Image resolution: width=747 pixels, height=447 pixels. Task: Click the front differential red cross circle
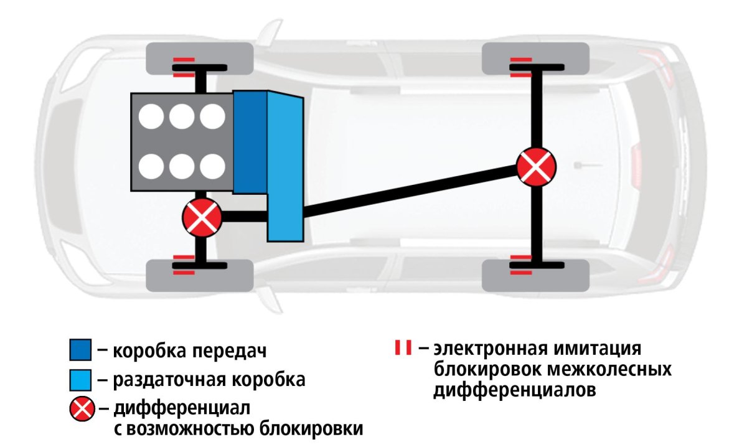(x=202, y=217)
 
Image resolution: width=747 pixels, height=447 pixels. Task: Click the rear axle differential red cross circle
(x=535, y=166)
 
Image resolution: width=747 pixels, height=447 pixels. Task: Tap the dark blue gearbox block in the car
(x=250, y=142)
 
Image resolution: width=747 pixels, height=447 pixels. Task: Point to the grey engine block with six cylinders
(x=181, y=142)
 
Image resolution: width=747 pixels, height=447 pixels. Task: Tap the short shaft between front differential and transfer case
(x=244, y=217)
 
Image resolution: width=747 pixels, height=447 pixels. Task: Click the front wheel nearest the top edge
(x=199, y=57)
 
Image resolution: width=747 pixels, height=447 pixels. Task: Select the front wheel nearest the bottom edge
(x=199, y=275)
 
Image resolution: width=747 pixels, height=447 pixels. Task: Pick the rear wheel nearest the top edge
(x=536, y=57)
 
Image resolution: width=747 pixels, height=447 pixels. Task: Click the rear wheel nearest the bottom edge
(x=536, y=275)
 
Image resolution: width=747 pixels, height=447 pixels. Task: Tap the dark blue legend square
(x=81, y=351)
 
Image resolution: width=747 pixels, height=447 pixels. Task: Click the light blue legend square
(x=81, y=379)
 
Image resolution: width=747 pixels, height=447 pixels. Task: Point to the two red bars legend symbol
(x=403, y=348)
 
